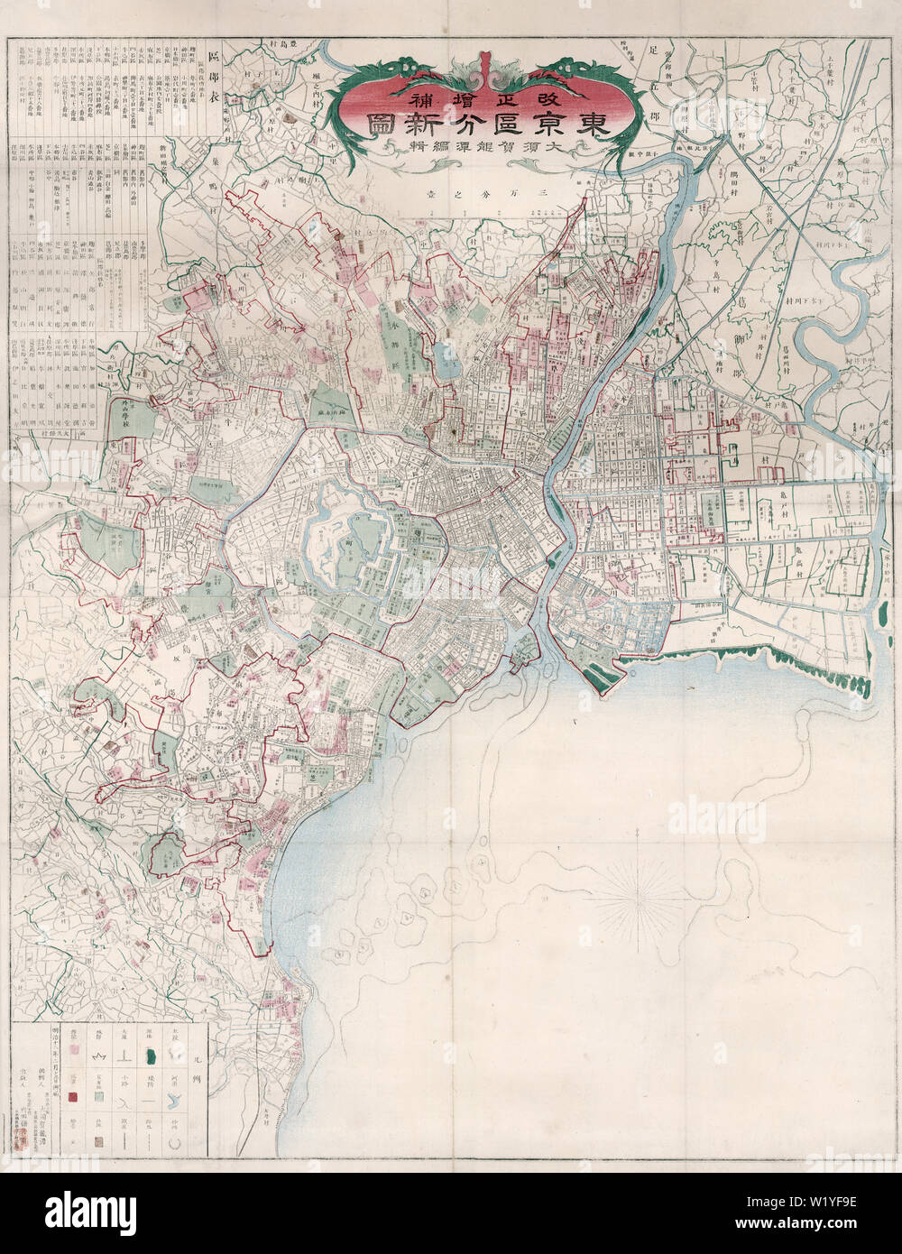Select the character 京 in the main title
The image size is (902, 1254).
(547, 125)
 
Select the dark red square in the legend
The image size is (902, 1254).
(74, 1097)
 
